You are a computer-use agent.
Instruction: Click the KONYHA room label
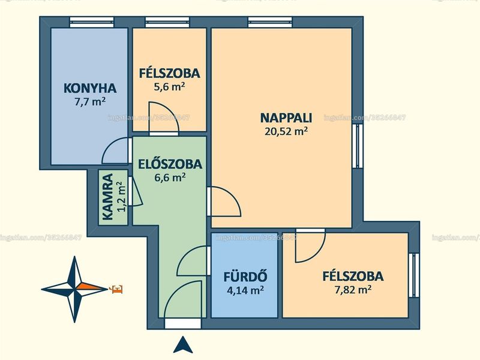90,88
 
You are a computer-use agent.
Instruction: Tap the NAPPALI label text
286,118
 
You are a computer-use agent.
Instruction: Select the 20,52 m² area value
286,131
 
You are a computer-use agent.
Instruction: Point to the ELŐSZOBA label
170,164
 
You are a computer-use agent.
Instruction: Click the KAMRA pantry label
108,197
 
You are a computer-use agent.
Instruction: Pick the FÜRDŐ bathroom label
245,277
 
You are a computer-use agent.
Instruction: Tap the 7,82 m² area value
353,290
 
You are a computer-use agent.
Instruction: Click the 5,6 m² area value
169,87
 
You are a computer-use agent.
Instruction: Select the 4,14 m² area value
245,290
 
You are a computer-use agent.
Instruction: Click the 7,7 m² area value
90,101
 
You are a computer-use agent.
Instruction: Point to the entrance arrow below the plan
183,344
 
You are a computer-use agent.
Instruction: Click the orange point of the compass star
92,287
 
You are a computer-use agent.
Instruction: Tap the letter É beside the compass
117,289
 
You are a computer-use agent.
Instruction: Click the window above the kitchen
92,22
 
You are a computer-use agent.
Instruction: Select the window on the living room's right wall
357,146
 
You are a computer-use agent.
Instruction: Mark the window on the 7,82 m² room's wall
413,275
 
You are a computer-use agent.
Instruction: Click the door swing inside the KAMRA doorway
137,191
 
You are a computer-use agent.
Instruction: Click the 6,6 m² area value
170,178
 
